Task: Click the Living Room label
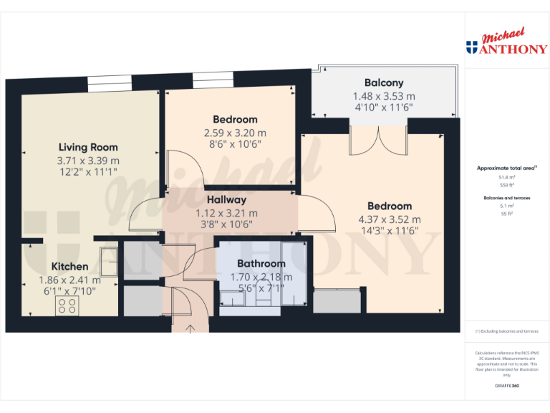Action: click(88, 148)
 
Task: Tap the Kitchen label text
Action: click(69, 267)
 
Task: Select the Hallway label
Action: click(226, 200)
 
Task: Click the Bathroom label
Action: click(261, 263)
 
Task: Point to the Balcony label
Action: click(383, 82)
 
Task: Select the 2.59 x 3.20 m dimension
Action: click(235, 133)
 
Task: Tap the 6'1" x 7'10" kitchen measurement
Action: click(69, 291)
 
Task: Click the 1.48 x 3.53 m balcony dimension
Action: click(383, 96)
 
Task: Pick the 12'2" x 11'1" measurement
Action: click(88, 172)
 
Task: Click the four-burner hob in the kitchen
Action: click(67, 306)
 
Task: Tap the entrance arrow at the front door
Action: click(190, 328)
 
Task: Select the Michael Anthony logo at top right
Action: click(506, 43)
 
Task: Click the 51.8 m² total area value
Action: click(507, 177)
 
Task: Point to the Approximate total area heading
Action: click(507, 168)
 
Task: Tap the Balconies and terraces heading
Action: click(507, 195)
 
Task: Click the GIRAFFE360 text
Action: click(507, 386)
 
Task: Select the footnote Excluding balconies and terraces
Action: click(507, 331)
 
